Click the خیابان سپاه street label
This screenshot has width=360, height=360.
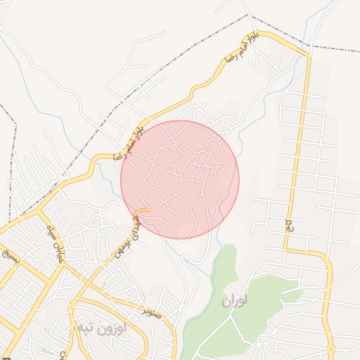(x=53, y=243)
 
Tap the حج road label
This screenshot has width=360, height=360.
(x=289, y=225)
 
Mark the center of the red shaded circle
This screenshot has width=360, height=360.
(x=180, y=179)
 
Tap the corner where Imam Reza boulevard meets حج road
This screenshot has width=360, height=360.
(x=307, y=56)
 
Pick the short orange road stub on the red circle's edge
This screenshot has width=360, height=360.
(x=142, y=210)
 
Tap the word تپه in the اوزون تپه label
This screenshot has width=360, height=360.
(x=86, y=328)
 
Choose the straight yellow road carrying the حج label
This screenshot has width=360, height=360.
(x=297, y=155)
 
